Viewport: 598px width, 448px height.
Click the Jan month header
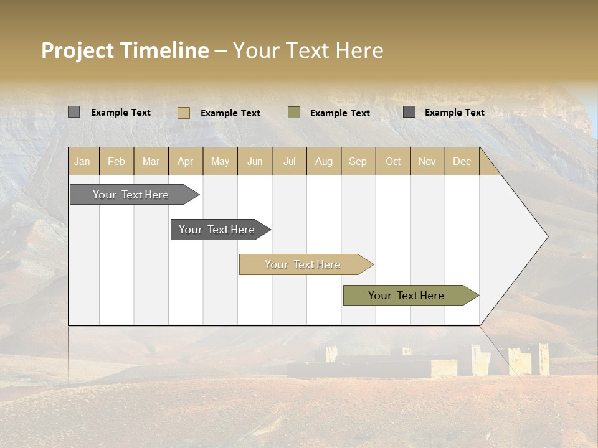pyautogui.click(x=82, y=162)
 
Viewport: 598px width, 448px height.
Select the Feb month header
pyautogui.click(x=116, y=162)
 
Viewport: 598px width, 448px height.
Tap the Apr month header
pyautogui.click(x=186, y=162)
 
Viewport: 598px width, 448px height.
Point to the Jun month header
pyautogui.click(x=255, y=162)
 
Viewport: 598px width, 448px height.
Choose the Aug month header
pyautogui.click(x=324, y=162)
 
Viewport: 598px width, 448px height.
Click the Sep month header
pyautogui.click(x=358, y=162)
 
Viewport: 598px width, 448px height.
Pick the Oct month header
pyautogui.click(x=393, y=162)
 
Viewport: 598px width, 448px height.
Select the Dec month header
pyautogui.click(x=462, y=162)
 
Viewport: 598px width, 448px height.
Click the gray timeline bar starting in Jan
pyautogui.click(x=131, y=195)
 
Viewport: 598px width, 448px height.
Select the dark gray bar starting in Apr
pyautogui.click(x=217, y=230)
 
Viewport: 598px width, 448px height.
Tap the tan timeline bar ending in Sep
pyautogui.click(x=303, y=264)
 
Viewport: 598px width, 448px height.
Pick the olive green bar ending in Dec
pyautogui.click(x=406, y=296)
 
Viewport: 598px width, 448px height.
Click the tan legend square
pyautogui.click(x=184, y=113)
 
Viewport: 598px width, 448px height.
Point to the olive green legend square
pyautogui.click(x=294, y=113)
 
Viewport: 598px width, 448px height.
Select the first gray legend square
pyautogui.click(x=74, y=112)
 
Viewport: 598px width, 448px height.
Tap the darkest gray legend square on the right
pyautogui.click(x=409, y=112)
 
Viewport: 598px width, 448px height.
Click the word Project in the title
pyautogui.click(x=77, y=50)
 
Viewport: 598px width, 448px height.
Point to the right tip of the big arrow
pyautogui.click(x=547, y=236)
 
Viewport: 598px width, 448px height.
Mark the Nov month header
pyautogui.click(x=427, y=162)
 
